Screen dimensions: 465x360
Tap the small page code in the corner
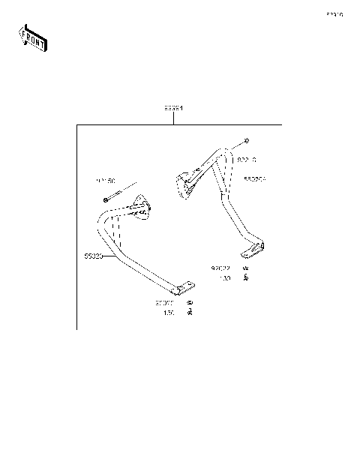334,14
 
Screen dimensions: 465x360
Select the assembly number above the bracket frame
174,108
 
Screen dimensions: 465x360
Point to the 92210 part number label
247,160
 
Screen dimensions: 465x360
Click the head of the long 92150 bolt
106,199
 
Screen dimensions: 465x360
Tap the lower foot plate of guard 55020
184,288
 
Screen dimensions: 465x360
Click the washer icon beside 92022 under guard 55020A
244,267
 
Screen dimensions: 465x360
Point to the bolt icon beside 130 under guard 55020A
245,278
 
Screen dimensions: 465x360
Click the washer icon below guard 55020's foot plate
190,303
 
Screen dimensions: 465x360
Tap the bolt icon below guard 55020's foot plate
190,313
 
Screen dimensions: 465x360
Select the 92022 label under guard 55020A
220,267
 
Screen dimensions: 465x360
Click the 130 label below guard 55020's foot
169,313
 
